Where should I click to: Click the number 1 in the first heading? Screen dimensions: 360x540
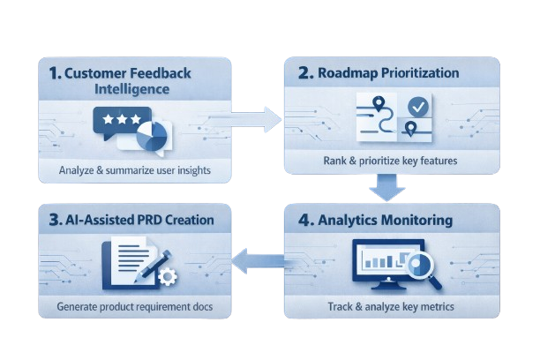coord(54,75)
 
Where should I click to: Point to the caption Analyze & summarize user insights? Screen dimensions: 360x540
coord(135,170)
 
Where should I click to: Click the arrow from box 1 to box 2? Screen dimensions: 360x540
coord(257,117)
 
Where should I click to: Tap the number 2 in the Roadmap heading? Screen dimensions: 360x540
coord(304,73)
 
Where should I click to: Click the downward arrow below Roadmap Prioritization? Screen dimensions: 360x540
coord(386,188)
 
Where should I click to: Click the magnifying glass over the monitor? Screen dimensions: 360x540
coord(424,265)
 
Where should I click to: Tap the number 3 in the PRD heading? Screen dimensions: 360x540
coord(53,218)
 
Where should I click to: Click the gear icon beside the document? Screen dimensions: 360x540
coord(166,276)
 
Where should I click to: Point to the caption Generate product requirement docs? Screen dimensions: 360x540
coord(135,308)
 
